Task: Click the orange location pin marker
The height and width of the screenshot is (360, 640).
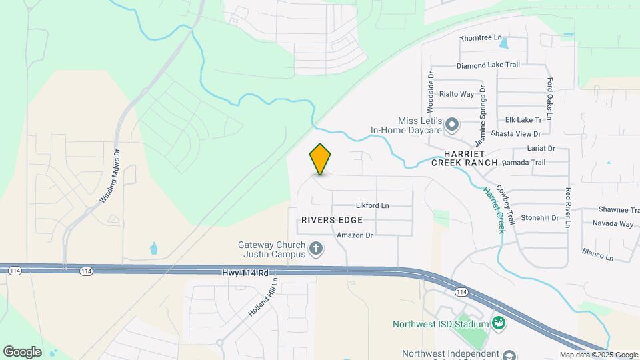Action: point(320,159)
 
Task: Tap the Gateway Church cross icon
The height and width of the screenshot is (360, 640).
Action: point(316,250)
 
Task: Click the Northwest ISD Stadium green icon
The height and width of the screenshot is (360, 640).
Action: point(497,323)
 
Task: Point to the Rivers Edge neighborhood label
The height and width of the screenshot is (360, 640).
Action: point(332,219)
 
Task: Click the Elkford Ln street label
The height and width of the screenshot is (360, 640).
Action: point(372,205)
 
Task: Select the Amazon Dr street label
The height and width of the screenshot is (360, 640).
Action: point(354,235)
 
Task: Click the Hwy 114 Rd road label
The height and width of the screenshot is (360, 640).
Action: point(245,273)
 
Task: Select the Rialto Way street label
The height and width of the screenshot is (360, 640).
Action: point(457,94)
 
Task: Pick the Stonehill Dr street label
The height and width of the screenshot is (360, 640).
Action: point(539,218)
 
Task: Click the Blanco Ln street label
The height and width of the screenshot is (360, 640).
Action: point(597,255)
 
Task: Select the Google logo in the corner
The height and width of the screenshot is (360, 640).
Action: point(22,352)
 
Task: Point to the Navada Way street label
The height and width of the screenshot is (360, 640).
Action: point(613,224)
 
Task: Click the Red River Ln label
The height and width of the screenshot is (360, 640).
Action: point(568,208)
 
